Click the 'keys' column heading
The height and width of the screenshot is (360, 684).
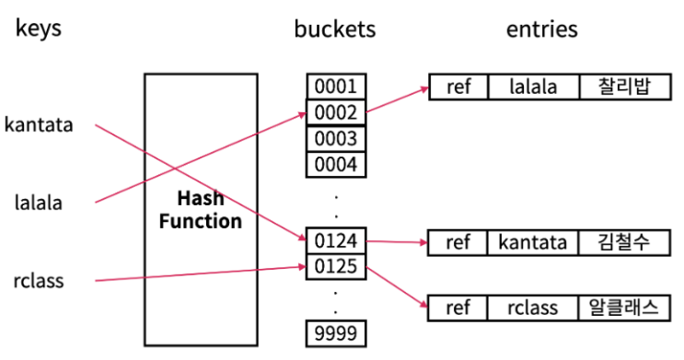pos(38,29)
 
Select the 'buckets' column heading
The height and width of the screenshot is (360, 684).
pos(335,29)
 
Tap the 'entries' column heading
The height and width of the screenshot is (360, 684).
pos(541,29)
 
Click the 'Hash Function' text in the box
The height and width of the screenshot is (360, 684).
pos(198,210)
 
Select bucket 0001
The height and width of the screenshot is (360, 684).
pos(336,87)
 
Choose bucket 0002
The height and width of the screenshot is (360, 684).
pos(336,113)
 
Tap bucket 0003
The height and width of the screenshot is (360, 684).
pos(336,139)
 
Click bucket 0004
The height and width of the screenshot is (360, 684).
pos(336,165)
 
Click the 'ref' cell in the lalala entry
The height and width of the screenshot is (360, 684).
pos(458,87)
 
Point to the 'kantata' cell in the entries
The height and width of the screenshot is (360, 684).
pos(533,243)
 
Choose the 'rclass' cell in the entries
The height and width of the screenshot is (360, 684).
pos(533,308)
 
